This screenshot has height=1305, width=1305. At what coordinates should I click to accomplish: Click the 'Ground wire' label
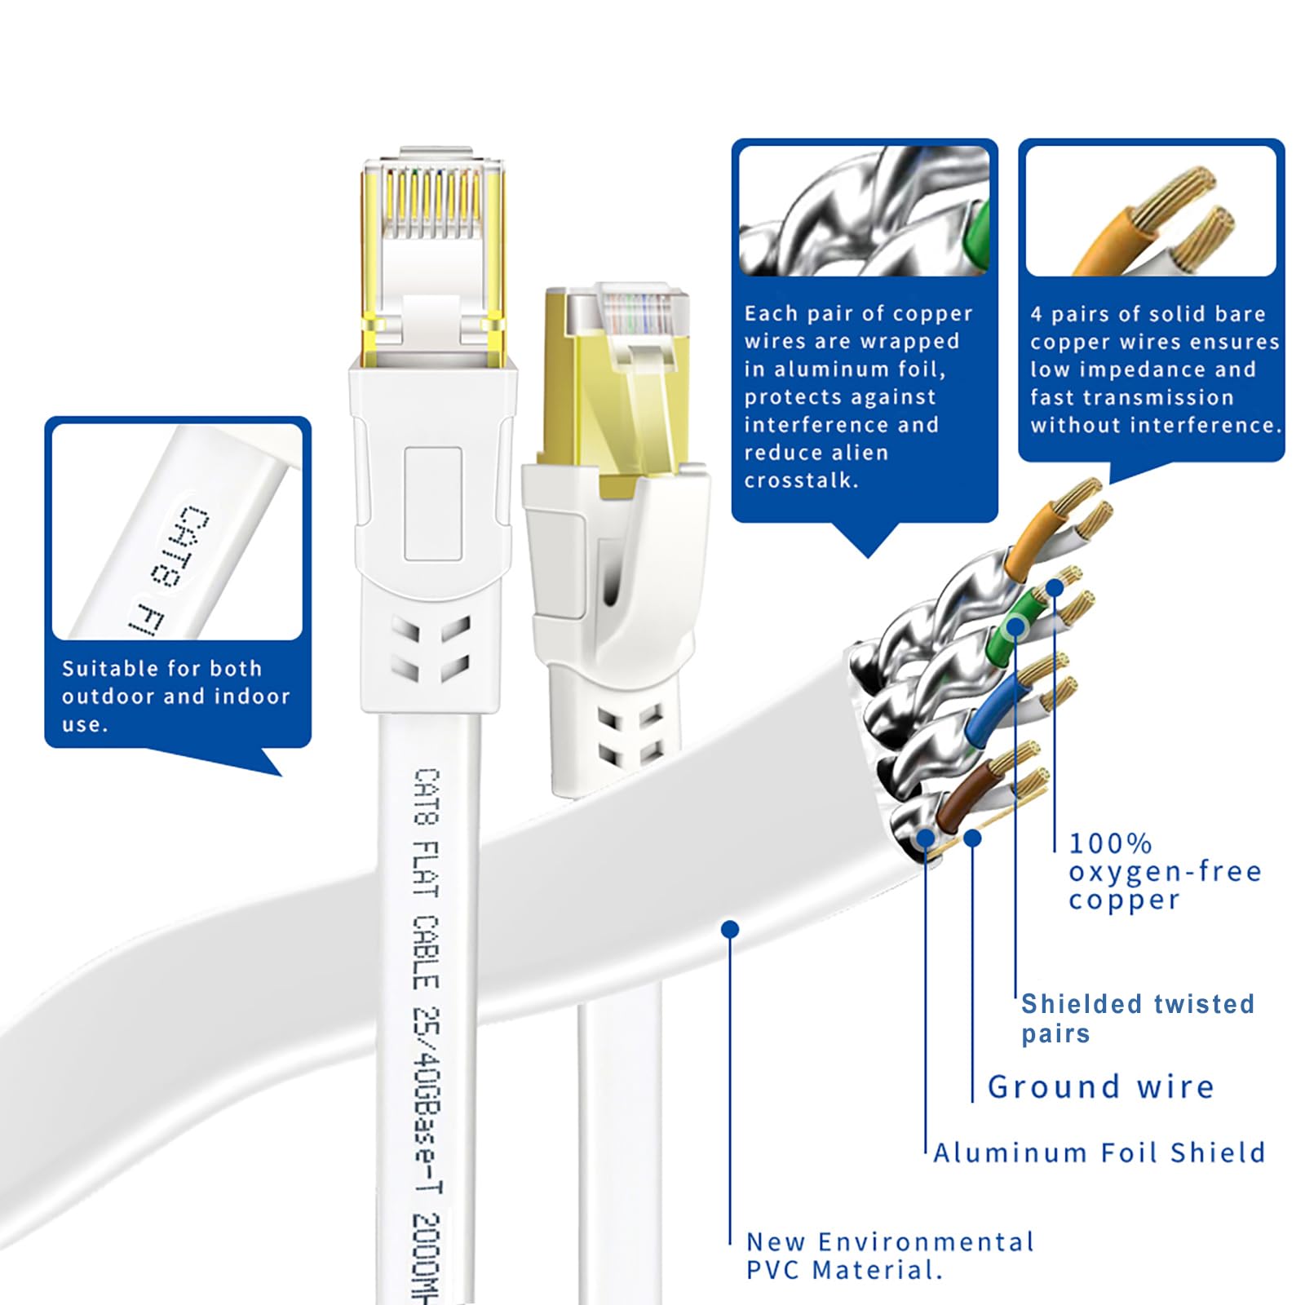click(x=1100, y=1087)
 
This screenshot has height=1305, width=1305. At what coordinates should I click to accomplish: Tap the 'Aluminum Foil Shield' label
click(x=1099, y=1152)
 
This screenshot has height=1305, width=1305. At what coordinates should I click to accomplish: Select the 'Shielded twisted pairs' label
click(x=1137, y=1018)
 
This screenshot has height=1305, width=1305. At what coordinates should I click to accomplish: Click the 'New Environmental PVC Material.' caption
click(x=890, y=1256)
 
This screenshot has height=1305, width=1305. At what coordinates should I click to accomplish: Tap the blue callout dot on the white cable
click(x=730, y=929)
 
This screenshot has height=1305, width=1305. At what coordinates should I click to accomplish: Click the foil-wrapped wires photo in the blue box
click(x=864, y=211)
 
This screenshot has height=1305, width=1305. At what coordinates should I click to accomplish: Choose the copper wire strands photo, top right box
click(x=1151, y=211)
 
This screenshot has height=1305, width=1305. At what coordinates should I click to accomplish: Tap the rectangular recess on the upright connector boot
click(x=433, y=503)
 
